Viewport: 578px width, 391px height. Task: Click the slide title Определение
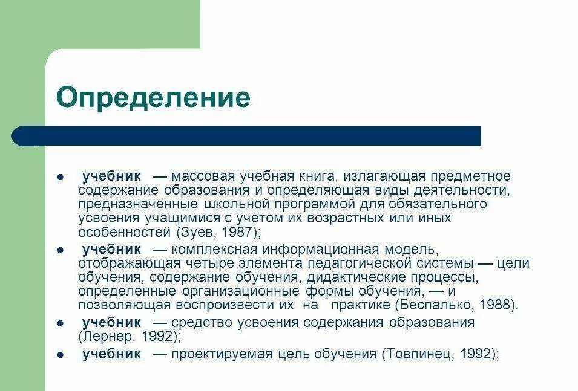(153, 97)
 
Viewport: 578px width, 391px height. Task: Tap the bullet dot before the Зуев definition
(61, 177)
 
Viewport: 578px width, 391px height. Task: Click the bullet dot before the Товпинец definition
(61, 355)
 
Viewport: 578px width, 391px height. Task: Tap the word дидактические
(352, 277)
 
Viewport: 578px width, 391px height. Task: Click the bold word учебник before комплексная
(111, 249)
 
